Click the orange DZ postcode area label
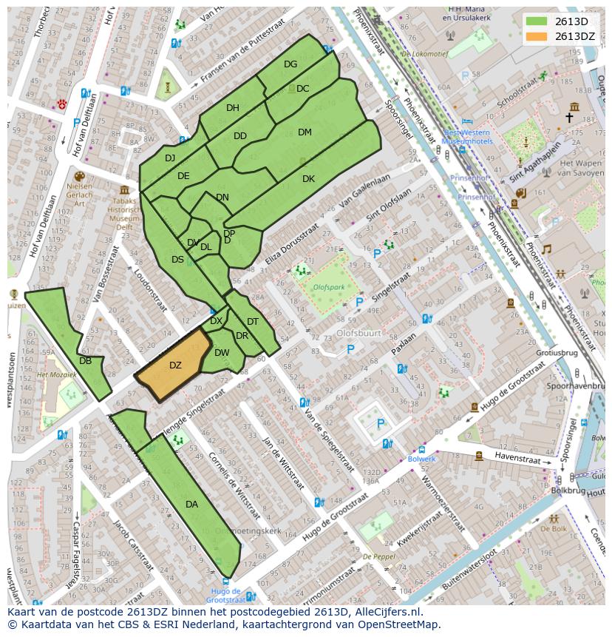175,365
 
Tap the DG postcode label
290,64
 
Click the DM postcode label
305,132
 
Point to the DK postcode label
308,179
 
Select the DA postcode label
191,505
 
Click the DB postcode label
85,361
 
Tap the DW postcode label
222,353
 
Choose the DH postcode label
233,108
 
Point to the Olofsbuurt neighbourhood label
358,333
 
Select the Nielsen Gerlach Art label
79,195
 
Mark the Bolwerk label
421,459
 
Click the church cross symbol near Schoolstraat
570,118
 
